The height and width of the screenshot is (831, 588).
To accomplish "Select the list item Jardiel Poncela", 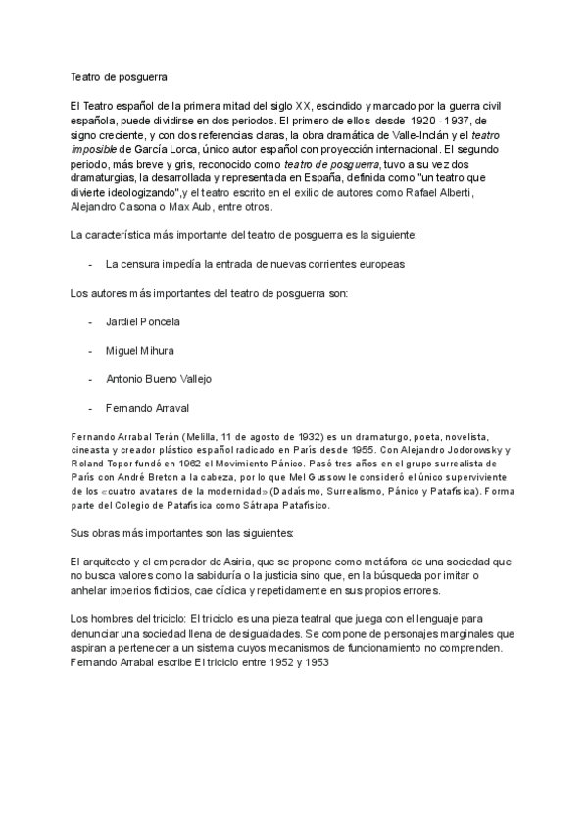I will (x=143, y=321).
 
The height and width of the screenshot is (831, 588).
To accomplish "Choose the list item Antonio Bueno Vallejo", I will (x=158, y=378).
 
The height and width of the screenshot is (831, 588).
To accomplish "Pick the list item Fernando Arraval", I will (x=147, y=407).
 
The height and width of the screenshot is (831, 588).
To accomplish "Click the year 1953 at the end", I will (x=316, y=662).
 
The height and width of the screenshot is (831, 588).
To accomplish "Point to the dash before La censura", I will (x=90, y=265).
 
